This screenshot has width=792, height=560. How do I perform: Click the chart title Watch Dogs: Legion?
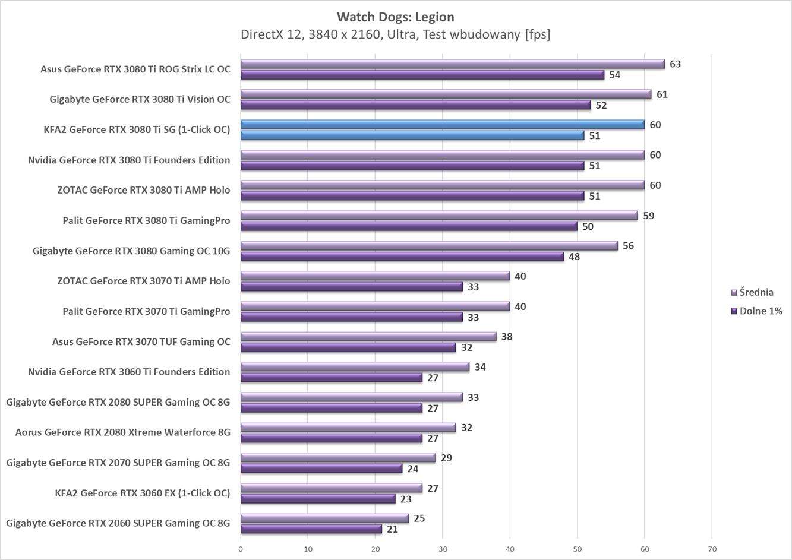(x=395, y=17)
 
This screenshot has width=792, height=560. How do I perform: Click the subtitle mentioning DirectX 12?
(x=395, y=34)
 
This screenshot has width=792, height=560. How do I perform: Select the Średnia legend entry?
(x=752, y=292)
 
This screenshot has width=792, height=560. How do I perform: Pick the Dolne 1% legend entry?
(x=756, y=311)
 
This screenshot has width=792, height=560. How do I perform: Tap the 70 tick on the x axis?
(x=712, y=549)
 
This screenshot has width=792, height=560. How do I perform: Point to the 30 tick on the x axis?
(x=443, y=549)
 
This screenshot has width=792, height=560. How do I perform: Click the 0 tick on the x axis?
(x=241, y=549)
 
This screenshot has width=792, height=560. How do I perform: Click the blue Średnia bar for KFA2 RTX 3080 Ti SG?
(x=442, y=124)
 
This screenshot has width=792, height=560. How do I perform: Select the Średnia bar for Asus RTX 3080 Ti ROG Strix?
(x=452, y=64)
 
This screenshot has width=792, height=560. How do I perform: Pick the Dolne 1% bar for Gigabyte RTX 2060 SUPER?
(x=311, y=529)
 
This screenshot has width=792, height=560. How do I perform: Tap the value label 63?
(x=675, y=64)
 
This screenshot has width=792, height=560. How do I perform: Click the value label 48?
(x=574, y=257)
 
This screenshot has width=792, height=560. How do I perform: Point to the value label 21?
(x=392, y=529)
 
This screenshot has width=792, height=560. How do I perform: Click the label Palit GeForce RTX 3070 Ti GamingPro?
(x=146, y=311)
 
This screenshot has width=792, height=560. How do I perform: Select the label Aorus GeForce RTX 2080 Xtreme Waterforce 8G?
(x=122, y=432)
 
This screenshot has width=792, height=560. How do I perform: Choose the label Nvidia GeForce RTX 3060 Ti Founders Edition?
(x=129, y=372)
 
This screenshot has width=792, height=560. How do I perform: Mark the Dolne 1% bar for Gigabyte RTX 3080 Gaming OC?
(x=402, y=257)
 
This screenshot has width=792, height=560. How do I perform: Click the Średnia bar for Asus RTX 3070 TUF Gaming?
(x=368, y=337)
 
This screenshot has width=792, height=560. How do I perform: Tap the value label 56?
(x=628, y=246)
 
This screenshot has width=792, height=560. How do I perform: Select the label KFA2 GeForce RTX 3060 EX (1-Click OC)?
(x=142, y=493)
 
